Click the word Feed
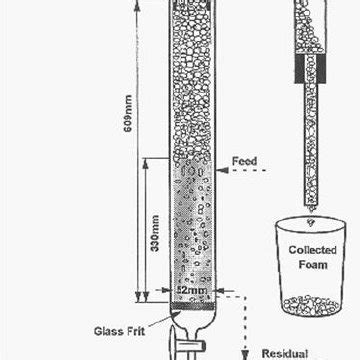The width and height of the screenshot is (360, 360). point(244,161)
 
